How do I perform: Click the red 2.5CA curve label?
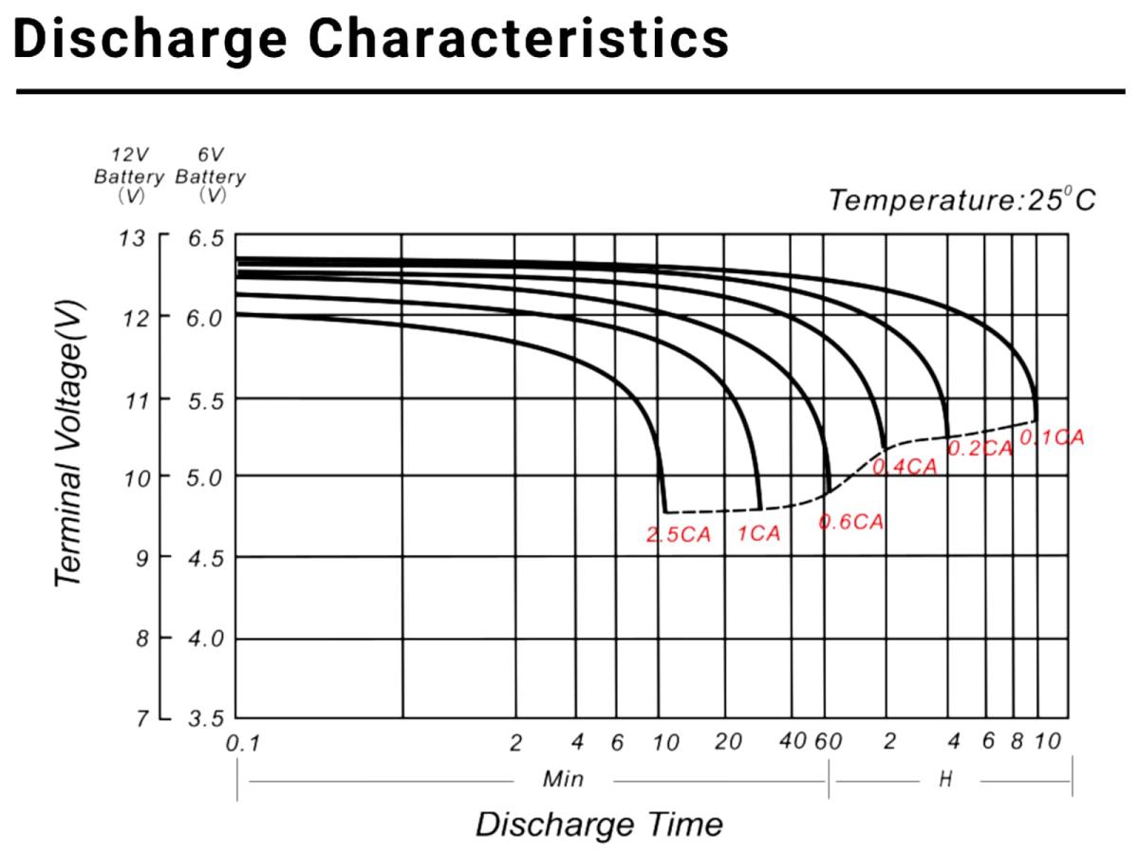tap(678, 534)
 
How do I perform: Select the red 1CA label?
tap(758, 534)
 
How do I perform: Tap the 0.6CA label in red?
tap(851, 522)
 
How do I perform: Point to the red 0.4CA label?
tap(904, 466)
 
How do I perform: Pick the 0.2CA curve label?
tap(980, 449)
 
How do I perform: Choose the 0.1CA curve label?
tap(1051, 437)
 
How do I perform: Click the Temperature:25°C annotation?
tap(962, 200)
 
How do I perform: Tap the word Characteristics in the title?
tap(519, 38)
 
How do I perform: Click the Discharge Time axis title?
tap(599, 824)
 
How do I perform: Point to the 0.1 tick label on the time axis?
tap(242, 744)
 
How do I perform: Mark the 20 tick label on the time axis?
tap(728, 742)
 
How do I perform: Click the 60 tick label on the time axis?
tap(829, 742)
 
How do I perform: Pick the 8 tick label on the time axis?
tap(1016, 742)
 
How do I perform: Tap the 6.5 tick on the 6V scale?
tap(206, 237)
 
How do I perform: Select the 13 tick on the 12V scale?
tap(133, 237)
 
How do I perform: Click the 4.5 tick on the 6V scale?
tap(206, 557)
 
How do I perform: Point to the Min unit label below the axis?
tap(563, 780)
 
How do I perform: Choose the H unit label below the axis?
tap(945, 780)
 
